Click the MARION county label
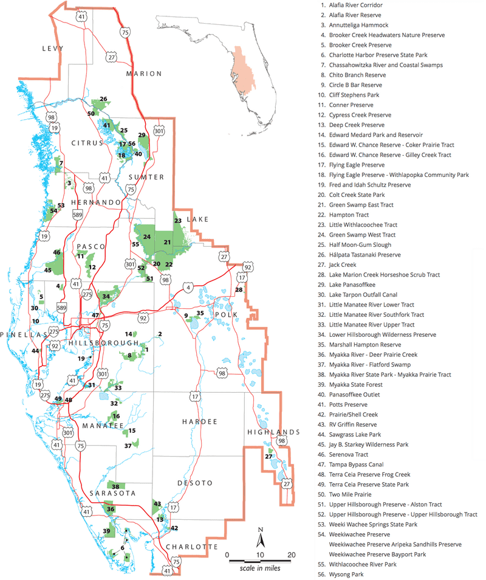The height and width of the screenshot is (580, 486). pos(143,74)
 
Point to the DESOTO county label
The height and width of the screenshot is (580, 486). pos(196,483)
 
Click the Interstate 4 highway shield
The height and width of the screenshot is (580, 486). pos(188,287)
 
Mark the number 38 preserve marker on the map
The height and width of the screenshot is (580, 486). pos(115,486)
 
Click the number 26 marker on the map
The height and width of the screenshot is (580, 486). pos(103,99)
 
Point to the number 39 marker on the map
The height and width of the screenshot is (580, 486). pos(106,531)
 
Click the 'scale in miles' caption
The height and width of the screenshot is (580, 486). pos(259,567)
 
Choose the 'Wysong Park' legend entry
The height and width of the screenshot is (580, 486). pos(347,574)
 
